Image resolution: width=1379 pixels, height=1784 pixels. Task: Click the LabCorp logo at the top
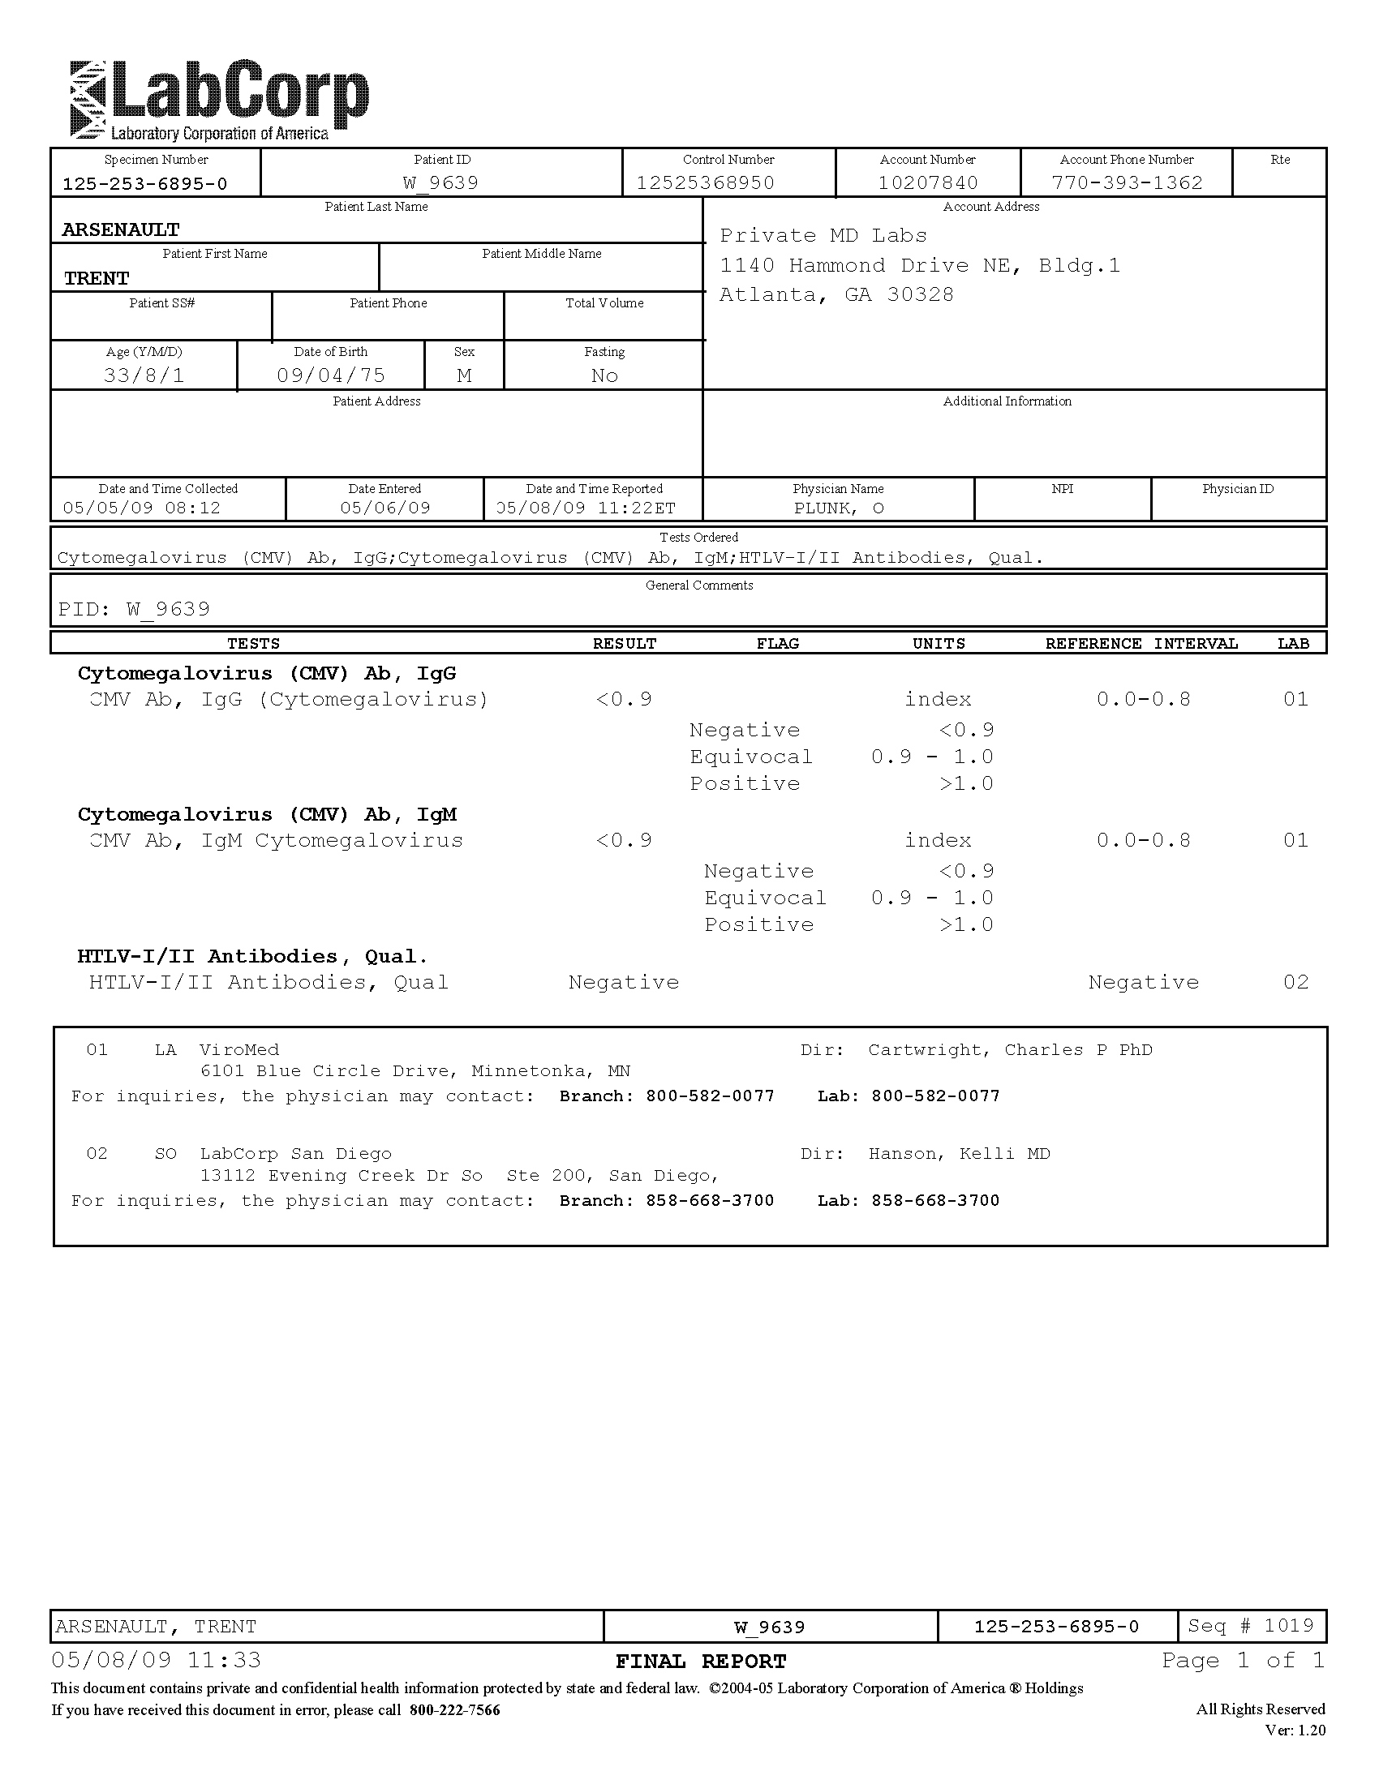(x=219, y=101)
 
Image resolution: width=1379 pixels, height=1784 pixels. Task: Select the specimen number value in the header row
(x=144, y=184)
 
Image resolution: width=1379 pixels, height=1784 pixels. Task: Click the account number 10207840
(x=928, y=182)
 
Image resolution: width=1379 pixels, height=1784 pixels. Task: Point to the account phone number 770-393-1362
(x=1127, y=182)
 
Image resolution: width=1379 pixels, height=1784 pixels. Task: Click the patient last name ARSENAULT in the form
(x=121, y=230)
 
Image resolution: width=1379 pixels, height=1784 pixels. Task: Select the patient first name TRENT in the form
(x=97, y=278)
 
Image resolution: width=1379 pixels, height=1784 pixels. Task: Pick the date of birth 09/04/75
(x=331, y=375)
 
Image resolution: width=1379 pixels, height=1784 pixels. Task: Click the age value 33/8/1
(x=144, y=375)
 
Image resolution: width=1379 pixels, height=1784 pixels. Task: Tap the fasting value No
(x=604, y=375)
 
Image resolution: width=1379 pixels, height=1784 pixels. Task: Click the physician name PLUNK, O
(x=839, y=508)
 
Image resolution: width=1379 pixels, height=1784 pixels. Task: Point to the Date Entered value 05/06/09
(x=384, y=508)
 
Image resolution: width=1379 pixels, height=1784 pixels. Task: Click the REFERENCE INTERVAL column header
(x=1141, y=644)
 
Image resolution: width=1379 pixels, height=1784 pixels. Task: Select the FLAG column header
(x=777, y=644)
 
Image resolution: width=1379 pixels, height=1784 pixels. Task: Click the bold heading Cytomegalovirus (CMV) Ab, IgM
(x=267, y=814)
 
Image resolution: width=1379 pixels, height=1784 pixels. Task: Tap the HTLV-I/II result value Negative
(x=623, y=982)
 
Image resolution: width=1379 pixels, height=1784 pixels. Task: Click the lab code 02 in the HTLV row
(x=1295, y=982)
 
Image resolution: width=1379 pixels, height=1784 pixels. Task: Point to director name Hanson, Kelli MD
(x=959, y=1154)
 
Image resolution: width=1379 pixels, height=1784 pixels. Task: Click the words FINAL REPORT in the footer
(x=700, y=1662)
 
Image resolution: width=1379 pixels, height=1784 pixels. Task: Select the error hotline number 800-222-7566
(x=455, y=1709)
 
